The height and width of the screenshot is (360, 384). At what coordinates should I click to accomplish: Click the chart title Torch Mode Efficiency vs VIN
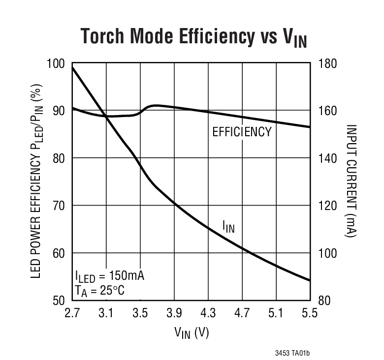pos(193,37)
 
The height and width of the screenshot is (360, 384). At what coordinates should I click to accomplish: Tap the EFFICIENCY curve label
pos(242,132)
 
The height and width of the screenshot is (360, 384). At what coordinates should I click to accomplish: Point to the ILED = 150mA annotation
pos(110,275)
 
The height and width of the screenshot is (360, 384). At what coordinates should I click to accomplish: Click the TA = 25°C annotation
pos(100,291)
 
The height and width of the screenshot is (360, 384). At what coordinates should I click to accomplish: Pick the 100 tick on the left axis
pos(57,63)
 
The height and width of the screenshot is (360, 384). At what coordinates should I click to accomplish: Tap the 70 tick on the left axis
pos(59,206)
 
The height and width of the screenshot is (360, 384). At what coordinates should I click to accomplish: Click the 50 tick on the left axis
pos(59,300)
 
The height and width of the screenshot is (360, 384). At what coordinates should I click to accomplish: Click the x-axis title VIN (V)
pos(192,333)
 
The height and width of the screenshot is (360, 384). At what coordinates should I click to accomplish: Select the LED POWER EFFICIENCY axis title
pos(36,181)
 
